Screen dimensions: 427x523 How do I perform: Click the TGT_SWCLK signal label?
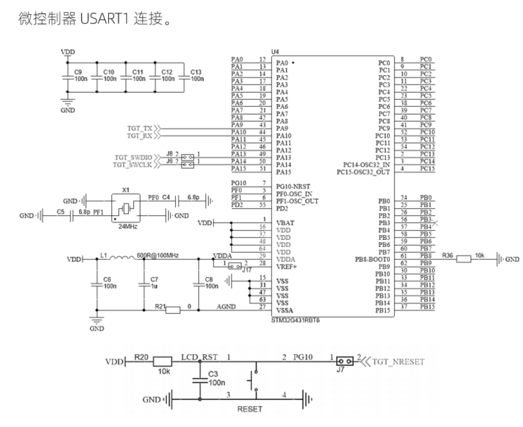pos(132,165)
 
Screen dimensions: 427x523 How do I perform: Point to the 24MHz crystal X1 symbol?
pos(126,208)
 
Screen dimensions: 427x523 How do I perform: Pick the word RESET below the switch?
pos(250,408)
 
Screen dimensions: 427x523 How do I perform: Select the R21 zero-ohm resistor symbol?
pos(172,310)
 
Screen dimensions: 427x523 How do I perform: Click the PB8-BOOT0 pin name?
pos(373,259)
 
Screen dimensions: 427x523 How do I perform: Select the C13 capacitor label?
pos(195,71)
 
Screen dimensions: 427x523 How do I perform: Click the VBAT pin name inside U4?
pos(285,223)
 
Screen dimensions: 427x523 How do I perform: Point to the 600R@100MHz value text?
pos(158,255)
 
